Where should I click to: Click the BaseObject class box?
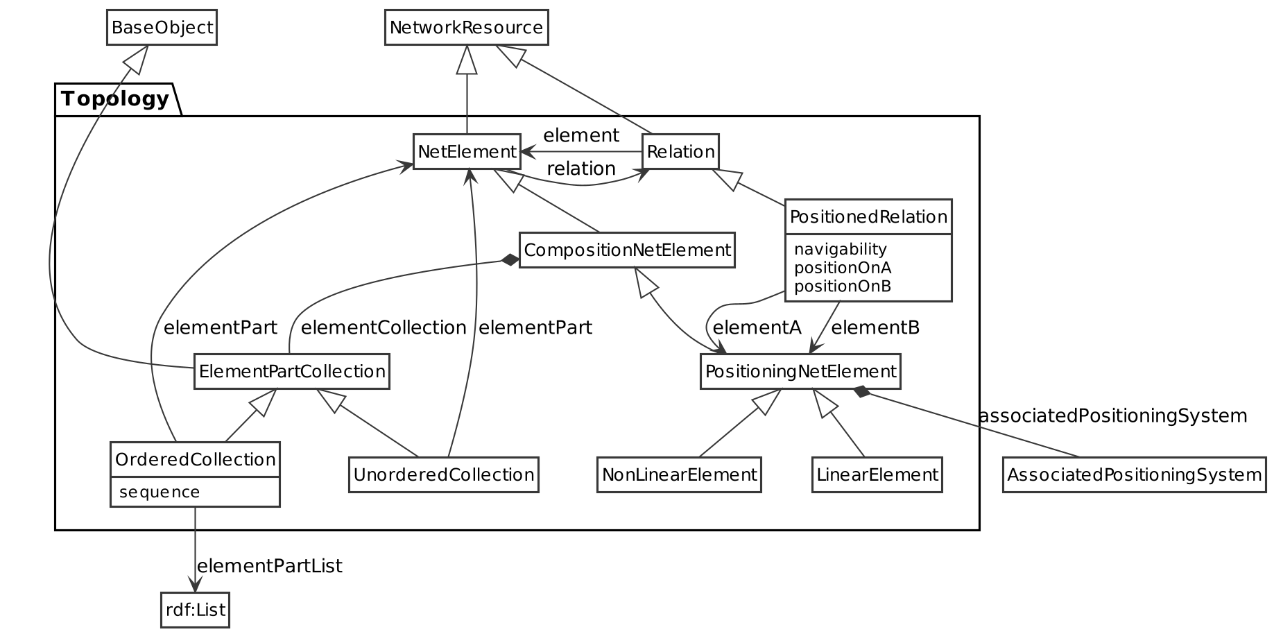point(162,28)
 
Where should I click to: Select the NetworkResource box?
point(467,28)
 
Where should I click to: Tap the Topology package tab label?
point(115,99)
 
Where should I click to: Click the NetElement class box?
point(467,152)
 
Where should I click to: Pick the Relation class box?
point(680,152)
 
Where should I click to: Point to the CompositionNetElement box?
point(627,250)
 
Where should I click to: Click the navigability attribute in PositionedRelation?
point(840,249)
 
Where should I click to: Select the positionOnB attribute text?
point(842,286)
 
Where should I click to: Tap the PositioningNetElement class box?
point(800,372)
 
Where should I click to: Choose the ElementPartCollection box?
point(291,372)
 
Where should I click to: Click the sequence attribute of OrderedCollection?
point(160,492)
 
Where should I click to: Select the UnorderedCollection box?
point(443,475)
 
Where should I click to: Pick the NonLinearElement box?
point(679,475)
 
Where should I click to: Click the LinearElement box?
point(877,475)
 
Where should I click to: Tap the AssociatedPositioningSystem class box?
point(1134,475)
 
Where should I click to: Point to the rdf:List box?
point(195,610)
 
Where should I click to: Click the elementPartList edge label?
point(270,566)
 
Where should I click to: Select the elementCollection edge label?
point(384,327)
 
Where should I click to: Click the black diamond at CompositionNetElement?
point(510,260)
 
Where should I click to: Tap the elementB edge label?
point(875,327)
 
